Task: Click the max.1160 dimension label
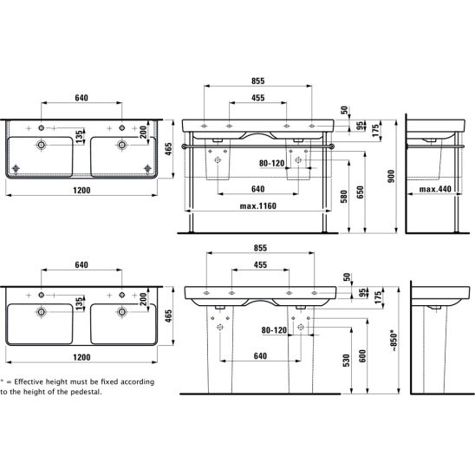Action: coord(258,206)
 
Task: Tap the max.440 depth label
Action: coord(435,189)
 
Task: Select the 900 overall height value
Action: coord(392,176)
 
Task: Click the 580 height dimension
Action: coord(344,196)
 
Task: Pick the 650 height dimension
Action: coord(360,192)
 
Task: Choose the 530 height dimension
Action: coord(346,361)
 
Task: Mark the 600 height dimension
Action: coord(362,356)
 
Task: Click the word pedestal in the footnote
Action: coord(86,392)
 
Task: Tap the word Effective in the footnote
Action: coord(29,381)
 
